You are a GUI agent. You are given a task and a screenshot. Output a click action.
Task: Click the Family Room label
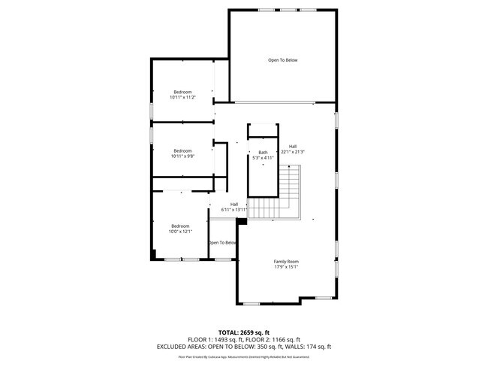286,261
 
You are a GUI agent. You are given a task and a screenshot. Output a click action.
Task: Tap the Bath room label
263,153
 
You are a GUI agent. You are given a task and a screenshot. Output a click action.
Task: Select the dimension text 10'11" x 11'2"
182,97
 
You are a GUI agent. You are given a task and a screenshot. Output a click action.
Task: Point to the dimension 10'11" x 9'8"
182,156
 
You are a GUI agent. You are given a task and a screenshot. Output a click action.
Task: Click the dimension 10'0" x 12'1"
181,231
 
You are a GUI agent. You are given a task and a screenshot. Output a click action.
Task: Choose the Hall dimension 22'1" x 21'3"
292,152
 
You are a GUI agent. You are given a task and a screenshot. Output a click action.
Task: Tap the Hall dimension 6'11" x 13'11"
234,209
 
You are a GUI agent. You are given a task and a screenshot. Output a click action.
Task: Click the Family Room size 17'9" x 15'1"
286,266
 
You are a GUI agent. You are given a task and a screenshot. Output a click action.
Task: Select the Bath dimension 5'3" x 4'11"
263,158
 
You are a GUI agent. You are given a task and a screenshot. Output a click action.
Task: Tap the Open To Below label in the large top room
283,60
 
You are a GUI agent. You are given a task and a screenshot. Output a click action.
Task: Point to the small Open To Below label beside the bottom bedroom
223,243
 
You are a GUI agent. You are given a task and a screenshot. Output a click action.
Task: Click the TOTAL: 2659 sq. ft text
244,332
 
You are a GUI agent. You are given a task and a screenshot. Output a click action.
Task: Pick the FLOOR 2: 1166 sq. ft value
275,339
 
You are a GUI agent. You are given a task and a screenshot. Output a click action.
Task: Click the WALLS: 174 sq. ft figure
307,347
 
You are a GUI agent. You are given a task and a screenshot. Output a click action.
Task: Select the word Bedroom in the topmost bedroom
182,92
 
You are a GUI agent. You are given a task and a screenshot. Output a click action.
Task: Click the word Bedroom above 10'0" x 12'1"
181,226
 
